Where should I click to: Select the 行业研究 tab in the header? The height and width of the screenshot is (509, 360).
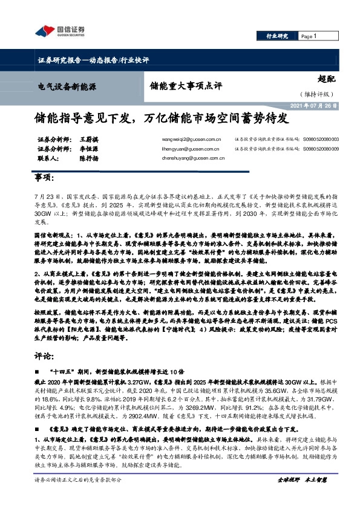click(x=277, y=37)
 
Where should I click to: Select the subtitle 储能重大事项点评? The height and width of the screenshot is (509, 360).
click(x=177, y=86)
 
